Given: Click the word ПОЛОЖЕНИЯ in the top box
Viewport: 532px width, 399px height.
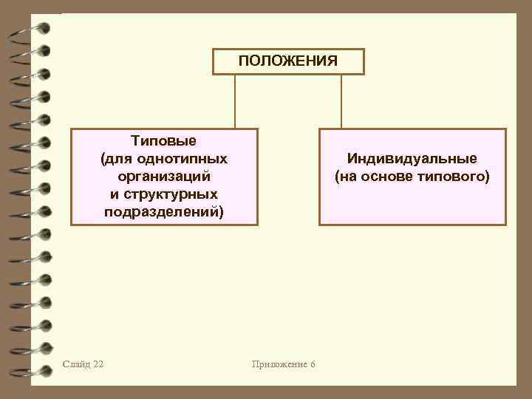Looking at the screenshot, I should (x=288, y=61).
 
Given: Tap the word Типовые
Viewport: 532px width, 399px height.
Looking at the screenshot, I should (x=163, y=140).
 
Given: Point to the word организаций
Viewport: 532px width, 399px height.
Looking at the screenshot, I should (x=164, y=177).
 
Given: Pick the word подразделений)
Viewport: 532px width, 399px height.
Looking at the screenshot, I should (x=164, y=212).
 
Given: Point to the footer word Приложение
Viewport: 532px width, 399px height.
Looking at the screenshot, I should (x=278, y=364).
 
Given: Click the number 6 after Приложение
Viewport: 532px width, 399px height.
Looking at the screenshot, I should (x=313, y=364).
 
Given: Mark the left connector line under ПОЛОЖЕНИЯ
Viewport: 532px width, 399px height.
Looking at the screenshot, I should (x=235, y=101).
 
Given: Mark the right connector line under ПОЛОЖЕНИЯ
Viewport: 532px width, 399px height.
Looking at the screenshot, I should (x=341, y=101).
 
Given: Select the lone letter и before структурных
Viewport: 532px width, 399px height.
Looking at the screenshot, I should (x=114, y=194).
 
